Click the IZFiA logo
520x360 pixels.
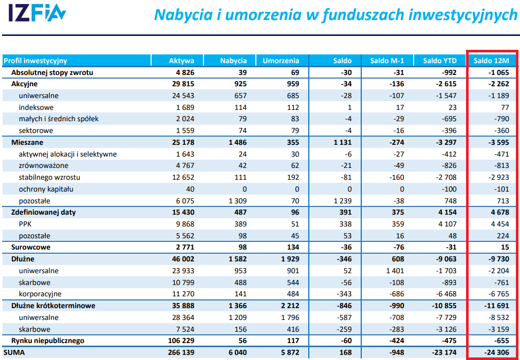(37, 14)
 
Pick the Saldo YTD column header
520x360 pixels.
(439, 61)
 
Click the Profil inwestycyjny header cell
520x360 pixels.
(35, 61)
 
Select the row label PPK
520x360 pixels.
(26, 224)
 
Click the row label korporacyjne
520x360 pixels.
(40, 294)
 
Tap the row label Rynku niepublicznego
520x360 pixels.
(48, 341)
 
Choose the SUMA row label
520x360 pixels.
(14, 353)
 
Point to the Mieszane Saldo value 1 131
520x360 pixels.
(341, 142)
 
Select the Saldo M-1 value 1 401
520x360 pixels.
(393, 271)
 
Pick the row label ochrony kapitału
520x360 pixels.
(46, 189)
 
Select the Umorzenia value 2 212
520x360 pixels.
(288, 306)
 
